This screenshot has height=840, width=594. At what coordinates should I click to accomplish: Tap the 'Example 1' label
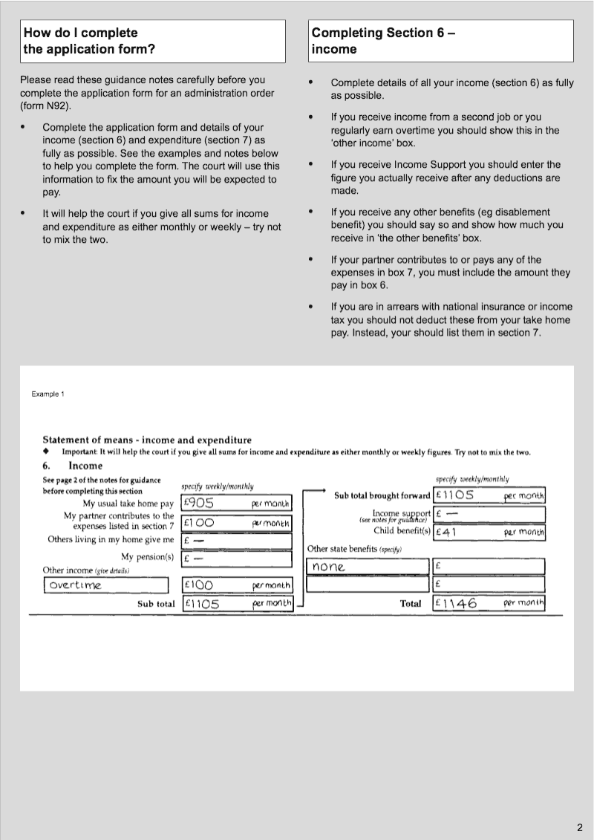coord(48,394)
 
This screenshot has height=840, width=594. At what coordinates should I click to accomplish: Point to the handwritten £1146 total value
coord(456,603)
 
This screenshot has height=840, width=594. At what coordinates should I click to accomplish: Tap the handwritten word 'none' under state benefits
coord(329,567)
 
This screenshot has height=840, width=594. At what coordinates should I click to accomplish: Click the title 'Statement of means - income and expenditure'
coord(147,440)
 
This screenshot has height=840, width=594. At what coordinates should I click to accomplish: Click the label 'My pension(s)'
coord(147,556)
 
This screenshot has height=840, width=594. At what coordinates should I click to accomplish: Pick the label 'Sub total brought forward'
coord(382,495)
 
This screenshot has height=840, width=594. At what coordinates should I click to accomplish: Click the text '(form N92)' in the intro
coord(46,106)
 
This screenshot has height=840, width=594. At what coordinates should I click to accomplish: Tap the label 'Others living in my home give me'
coord(111,539)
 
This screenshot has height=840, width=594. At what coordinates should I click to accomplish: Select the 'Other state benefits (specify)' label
coord(353,549)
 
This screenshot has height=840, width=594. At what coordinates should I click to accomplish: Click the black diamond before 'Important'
coord(46,452)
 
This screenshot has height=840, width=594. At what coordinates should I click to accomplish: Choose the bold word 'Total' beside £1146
coord(411,604)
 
